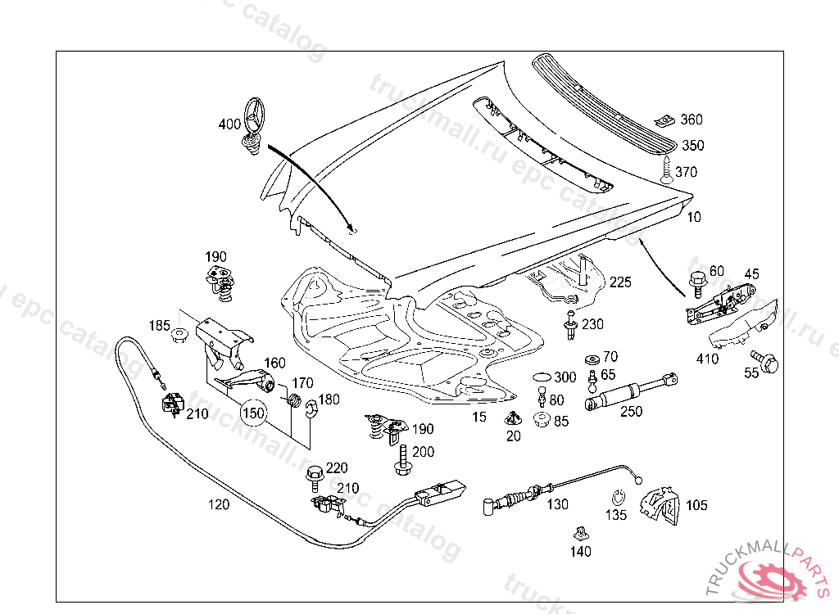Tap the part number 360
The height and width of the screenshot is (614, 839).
tap(692, 120)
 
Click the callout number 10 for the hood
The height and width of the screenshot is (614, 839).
tap(694, 217)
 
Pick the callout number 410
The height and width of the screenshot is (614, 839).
tap(707, 359)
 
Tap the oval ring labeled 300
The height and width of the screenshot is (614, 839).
tap(542, 377)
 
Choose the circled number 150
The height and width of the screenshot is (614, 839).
tap(253, 413)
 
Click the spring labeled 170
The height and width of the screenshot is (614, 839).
tap(289, 400)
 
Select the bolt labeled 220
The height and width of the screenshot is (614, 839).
tap(314, 475)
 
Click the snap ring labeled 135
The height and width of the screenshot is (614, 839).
tap(619, 497)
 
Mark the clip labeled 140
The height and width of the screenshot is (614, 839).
tap(581, 534)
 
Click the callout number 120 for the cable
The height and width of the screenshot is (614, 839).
tap(218, 504)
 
